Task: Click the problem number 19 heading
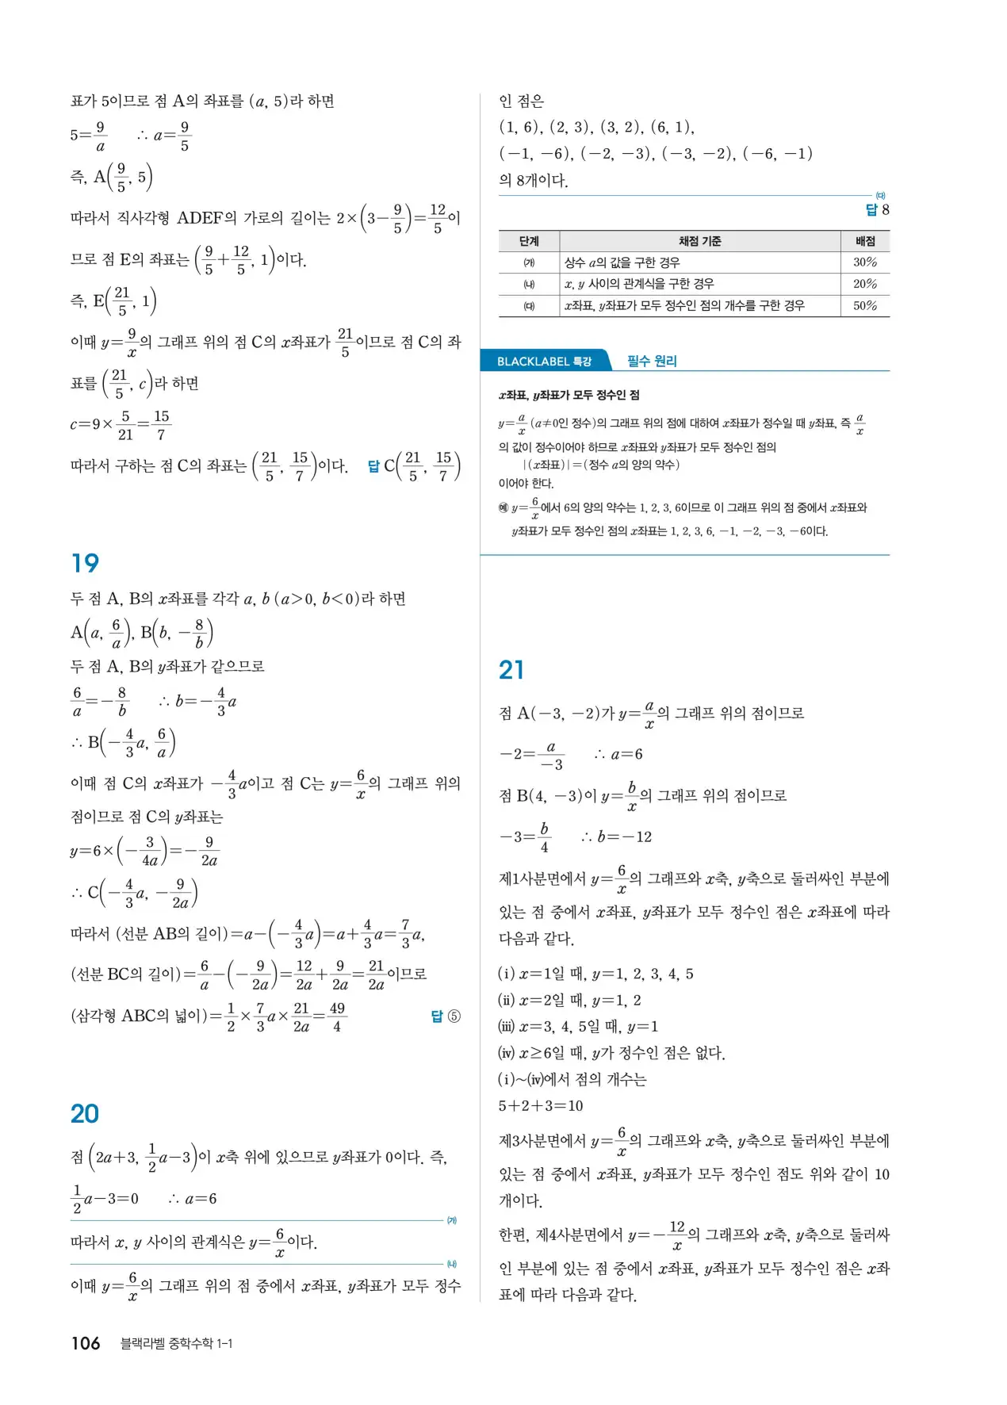point(85,564)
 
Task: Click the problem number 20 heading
point(85,1114)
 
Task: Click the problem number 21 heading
point(511,671)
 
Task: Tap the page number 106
point(86,1343)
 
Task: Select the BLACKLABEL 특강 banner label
point(544,362)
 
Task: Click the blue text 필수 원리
point(652,362)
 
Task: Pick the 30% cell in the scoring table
point(865,262)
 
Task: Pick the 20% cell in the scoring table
point(865,284)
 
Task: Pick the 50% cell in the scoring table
point(865,305)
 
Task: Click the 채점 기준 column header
point(699,241)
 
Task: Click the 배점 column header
point(865,241)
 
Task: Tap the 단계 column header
point(529,241)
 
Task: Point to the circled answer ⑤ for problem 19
point(454,1016)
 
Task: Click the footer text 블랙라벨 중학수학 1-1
point(176,1343)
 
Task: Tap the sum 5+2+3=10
point(541,1106)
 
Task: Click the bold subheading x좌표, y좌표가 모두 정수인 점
point(569,395)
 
